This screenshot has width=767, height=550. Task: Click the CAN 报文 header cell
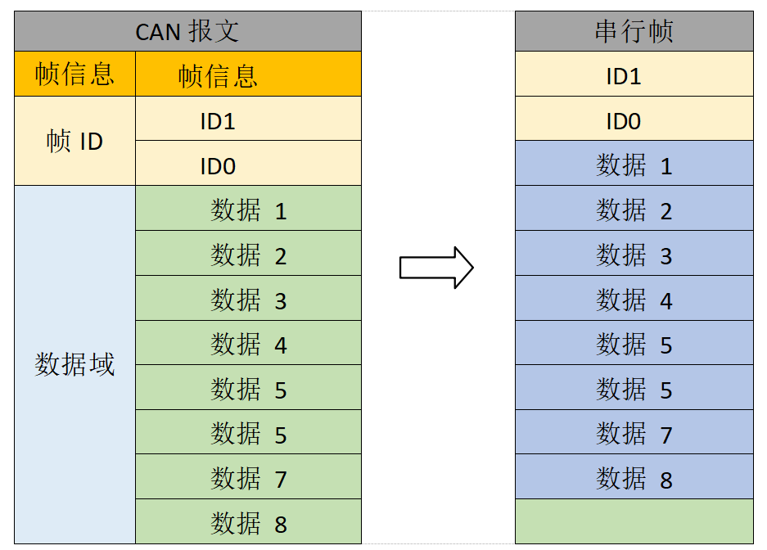(187, 32)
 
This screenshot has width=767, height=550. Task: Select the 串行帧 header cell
(634, 32)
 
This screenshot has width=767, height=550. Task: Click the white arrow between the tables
(436, 268)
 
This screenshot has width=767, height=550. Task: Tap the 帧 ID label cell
(74, 141)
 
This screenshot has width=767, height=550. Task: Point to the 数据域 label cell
(74, 364)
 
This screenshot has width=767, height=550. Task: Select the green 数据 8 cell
(248, 522)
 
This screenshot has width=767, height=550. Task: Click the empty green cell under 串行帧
(634, 521)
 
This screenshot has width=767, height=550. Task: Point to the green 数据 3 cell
(248, 299)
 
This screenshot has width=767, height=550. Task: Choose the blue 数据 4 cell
(634, 299)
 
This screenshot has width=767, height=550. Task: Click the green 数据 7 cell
(248, 477)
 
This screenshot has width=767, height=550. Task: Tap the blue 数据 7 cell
(634, 432)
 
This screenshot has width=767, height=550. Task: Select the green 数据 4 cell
(248, 343)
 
